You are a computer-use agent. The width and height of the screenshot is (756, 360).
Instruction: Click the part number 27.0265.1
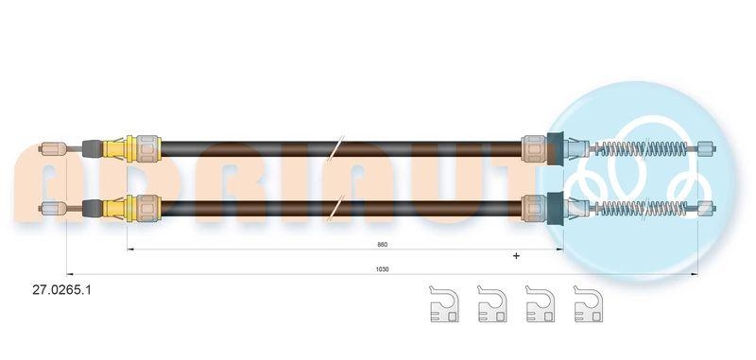tap(61, 290)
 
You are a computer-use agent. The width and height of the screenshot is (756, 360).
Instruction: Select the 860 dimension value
tap(383, 245)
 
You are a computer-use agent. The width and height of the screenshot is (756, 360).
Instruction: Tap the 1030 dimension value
tap(383, 269)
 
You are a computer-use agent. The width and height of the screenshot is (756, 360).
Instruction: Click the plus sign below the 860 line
tap(516, 256)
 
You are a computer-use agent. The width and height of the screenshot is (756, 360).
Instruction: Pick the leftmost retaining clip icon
tap(443, 304)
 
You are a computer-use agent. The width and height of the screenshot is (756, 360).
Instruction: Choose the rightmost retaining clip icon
tap(588, 304)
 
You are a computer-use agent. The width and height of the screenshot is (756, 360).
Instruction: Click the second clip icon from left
tap(491, 304)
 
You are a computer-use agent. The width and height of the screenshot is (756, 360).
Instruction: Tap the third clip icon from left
tap(540, 304)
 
